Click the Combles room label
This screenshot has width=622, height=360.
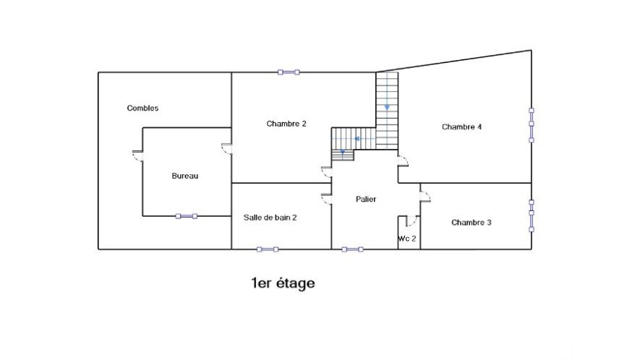point(142,108)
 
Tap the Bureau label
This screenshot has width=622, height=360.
point(185,176)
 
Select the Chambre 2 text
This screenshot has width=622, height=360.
point(286,124)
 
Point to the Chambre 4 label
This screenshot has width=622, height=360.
point(461,127)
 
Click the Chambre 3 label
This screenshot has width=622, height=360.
point(472,223)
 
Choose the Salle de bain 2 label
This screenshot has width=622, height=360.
point(270,218)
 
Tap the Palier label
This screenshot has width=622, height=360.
point(366,199)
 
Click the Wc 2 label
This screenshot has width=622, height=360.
point(407,239)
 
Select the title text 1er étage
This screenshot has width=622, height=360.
point(284,283)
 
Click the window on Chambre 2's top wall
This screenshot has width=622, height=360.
point(289,72)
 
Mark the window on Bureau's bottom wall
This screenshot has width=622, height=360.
point(187,216)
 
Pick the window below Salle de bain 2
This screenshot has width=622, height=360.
point(268,249)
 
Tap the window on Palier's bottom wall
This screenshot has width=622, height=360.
point(353,249)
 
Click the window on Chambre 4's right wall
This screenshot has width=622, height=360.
point(532,125)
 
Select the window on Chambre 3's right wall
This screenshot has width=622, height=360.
point(532,215)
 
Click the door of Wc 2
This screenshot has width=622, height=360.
point(411,220)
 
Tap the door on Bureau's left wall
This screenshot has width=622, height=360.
point(137,156)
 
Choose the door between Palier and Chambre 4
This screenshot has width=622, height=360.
point(403,160)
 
